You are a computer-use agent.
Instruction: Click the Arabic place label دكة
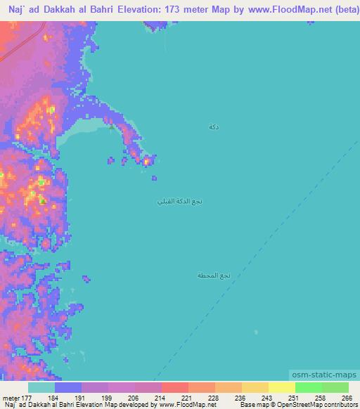[213, 126]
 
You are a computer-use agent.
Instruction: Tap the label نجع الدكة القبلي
[179, 202]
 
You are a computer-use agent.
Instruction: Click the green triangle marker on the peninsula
[111, 126]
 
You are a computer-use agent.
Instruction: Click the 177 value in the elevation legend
[25, 398]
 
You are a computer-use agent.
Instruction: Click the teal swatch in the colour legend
[41, 387]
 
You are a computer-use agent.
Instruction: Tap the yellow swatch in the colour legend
[281, 387]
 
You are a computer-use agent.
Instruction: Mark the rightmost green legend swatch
[335, 387]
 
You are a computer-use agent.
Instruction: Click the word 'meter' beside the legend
[10, 398]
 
